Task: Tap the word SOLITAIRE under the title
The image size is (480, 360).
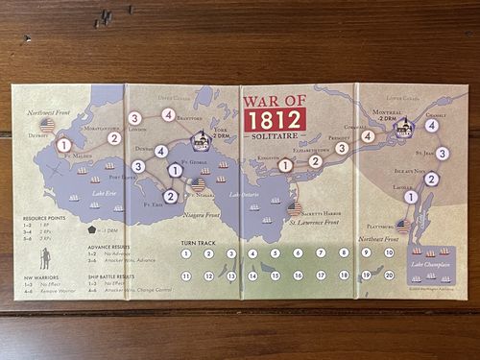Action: [x=272, y=138]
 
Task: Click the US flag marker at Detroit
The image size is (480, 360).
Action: [x=47, y=124]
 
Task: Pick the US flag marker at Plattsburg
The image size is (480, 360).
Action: [x=404, y=227]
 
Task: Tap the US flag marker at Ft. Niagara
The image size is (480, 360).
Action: [x=199, y=184]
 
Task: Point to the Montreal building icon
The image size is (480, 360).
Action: [x=404, y=127]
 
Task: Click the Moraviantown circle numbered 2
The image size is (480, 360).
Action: [x=114, y=138]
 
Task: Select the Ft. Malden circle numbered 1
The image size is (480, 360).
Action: [x=63, y=146]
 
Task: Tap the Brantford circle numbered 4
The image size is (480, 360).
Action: [x=168, y=115]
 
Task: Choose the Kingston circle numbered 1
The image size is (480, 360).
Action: [x=285, y=165]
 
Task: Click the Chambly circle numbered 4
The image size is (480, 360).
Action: [x=432, y=125]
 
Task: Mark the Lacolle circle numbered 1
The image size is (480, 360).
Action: [x=411, y=197]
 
